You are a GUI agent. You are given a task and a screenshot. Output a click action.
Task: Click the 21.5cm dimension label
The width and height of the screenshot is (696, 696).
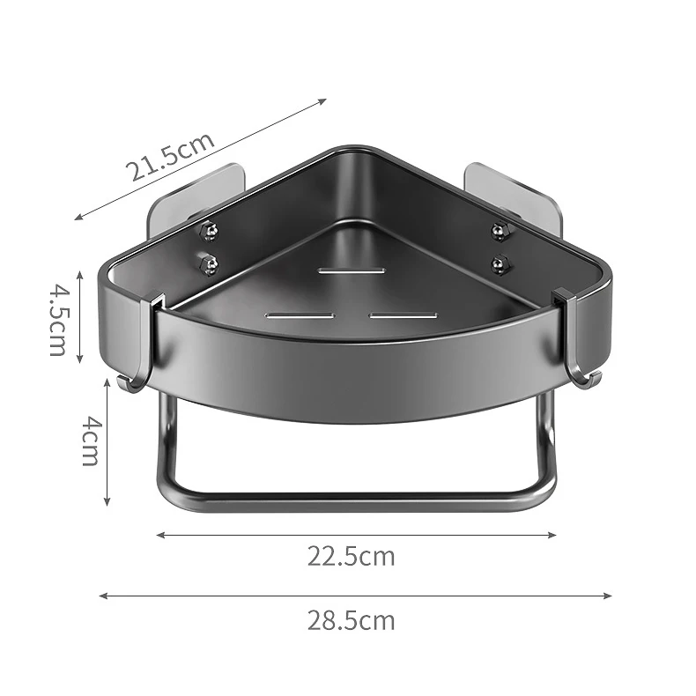click(x=172, y=156)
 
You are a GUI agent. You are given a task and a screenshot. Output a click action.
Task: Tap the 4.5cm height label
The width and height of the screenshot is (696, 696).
click(x=56, y=318)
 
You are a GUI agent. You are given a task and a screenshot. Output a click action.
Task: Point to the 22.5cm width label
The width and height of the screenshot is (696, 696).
click(x=351, y=556)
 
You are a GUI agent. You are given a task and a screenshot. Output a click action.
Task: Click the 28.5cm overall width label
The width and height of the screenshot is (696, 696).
click(x=351, y=620)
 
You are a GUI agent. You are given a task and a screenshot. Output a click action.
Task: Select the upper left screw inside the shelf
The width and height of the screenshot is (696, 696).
click(x=210, y=230)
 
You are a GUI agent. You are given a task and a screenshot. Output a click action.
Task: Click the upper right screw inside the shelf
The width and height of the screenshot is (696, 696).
click(x=499, y=230)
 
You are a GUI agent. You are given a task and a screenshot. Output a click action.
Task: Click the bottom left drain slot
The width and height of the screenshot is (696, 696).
click(x=300, y=315)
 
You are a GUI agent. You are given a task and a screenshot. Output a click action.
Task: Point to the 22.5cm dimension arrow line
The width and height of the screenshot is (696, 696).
click(x=356, y=534)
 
